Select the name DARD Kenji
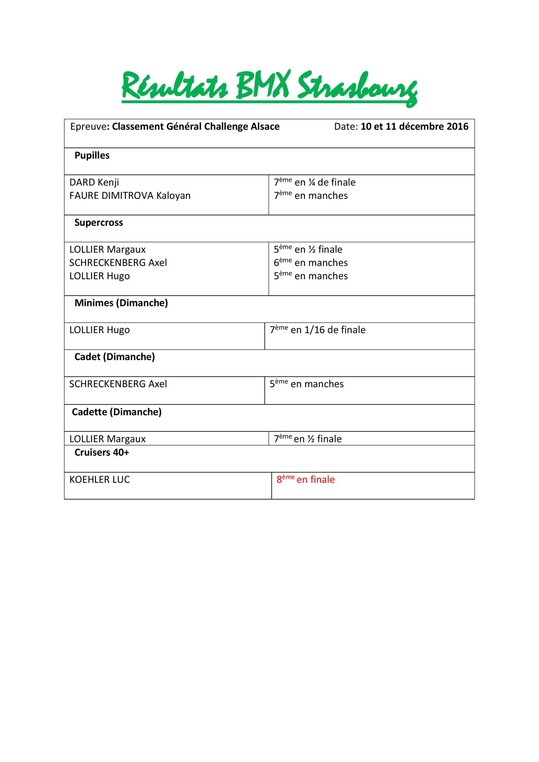(94, 182)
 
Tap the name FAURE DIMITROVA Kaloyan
(130, 196)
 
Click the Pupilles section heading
(92, 156)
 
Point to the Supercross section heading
(99, 223)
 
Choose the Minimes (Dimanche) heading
(121, 303)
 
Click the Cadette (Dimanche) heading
(116, 412)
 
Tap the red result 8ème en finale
(305, 480)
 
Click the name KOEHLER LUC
(100, 480)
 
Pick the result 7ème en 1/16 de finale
(317, 330)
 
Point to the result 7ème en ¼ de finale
(314, 182)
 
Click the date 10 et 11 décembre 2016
(414, 127)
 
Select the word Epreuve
(88, 127)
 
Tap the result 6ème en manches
(310, 263)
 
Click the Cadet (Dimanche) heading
(115, 357)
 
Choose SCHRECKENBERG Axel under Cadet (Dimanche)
(118, 384)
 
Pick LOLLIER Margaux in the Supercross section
(107, 249)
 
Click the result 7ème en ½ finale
(307, 439)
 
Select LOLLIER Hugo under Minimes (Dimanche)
(99, 330)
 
